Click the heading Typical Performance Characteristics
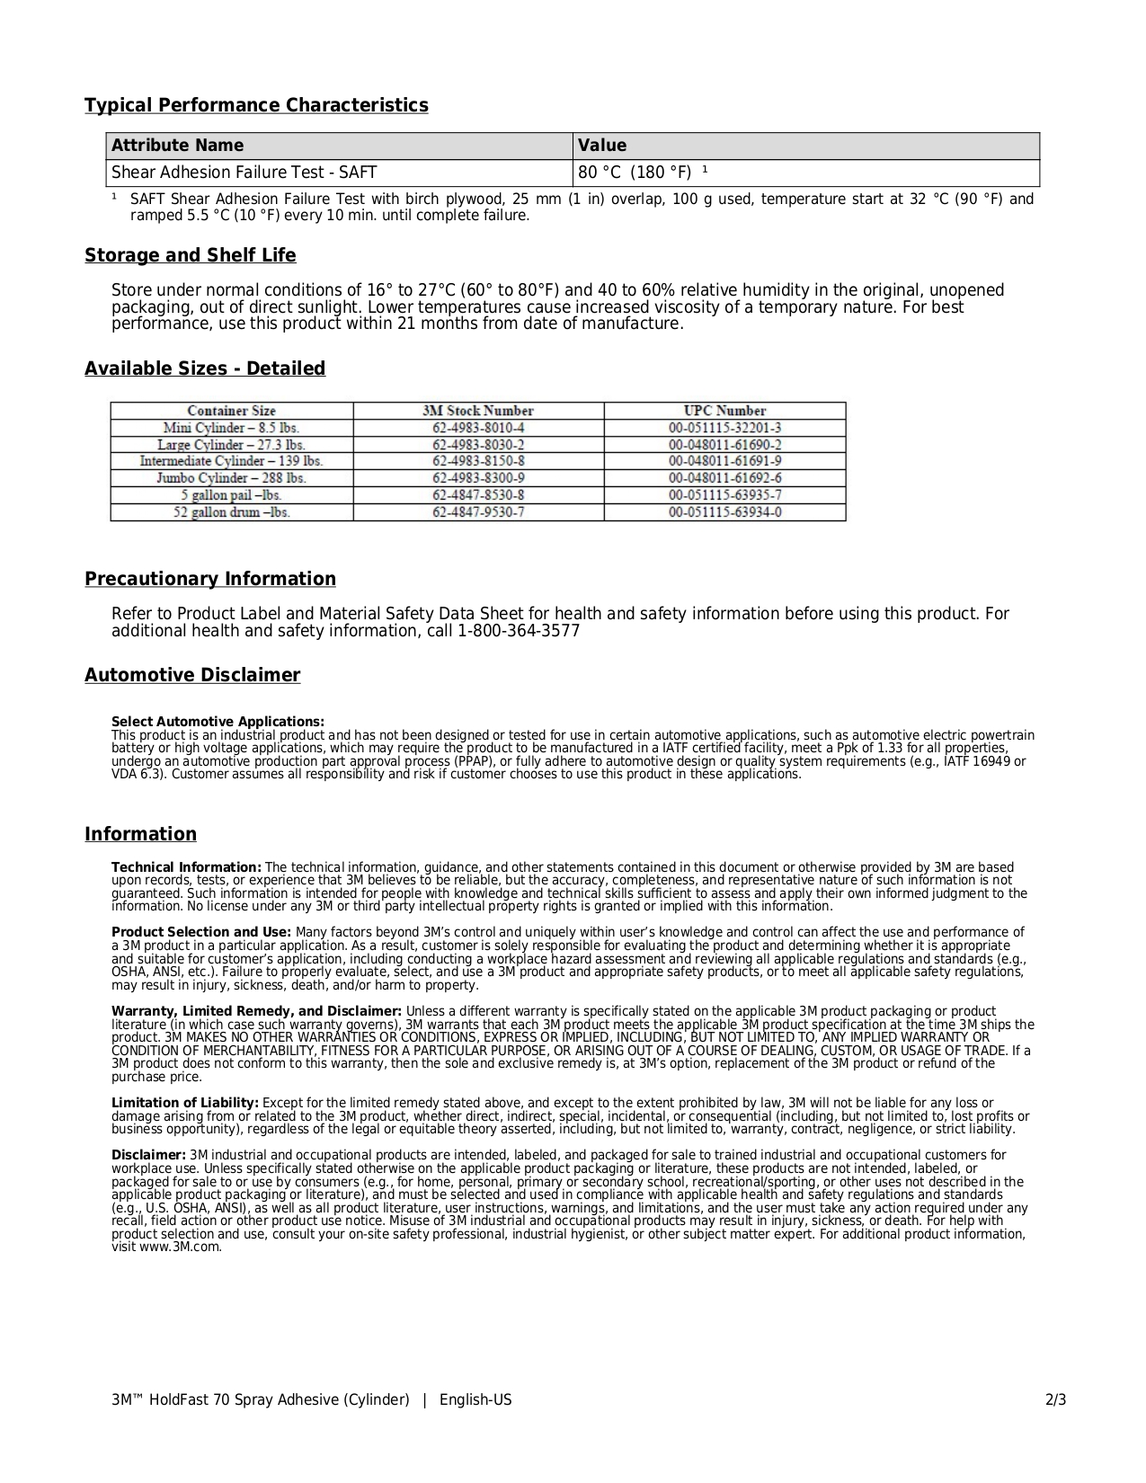(x=256, y=106)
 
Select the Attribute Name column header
(x=177, y=146)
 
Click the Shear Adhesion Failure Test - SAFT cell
(x=244, y=173)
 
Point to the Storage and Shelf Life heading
(x=190, y=256)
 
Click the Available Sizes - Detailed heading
(x=205, y=369)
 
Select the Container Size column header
(x=231, y=411)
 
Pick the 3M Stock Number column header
(x=477, y=411)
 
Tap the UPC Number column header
(x=724, y=411)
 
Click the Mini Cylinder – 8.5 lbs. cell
(x=231, y=428)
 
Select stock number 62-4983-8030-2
(x=477, y=445)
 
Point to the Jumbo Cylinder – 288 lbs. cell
(x=231, y=478)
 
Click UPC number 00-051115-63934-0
(x=724, y=512)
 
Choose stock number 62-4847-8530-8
(x=477, y=495)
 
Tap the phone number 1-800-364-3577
(x=519, y=631)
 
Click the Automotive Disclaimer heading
(x=192, y=676)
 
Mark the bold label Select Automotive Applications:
(x=218, y=722)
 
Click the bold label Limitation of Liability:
(x=185, y=1103)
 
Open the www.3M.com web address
(x=180, y=1247)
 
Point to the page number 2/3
(x=1055, y=1400)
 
